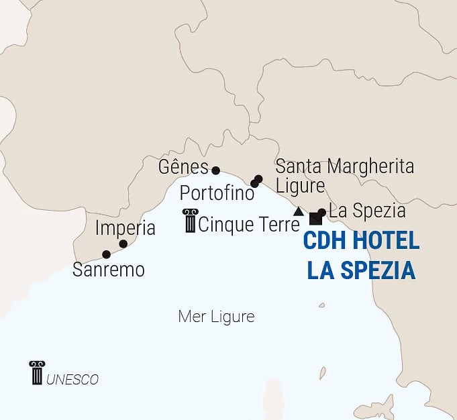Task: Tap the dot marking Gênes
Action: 215,170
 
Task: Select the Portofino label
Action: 217,193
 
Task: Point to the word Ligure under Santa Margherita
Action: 300,185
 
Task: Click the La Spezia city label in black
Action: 367,211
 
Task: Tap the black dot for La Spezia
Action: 321,213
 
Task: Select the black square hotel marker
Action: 314,219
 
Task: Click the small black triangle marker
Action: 298,211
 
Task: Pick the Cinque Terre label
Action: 248,224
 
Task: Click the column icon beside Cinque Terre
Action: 190,221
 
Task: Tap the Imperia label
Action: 125,228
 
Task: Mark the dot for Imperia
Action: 123,244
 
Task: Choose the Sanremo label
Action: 109,270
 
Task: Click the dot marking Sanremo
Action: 106,254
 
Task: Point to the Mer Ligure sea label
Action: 216,317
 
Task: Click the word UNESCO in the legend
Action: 72,380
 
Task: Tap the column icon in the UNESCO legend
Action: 37,373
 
